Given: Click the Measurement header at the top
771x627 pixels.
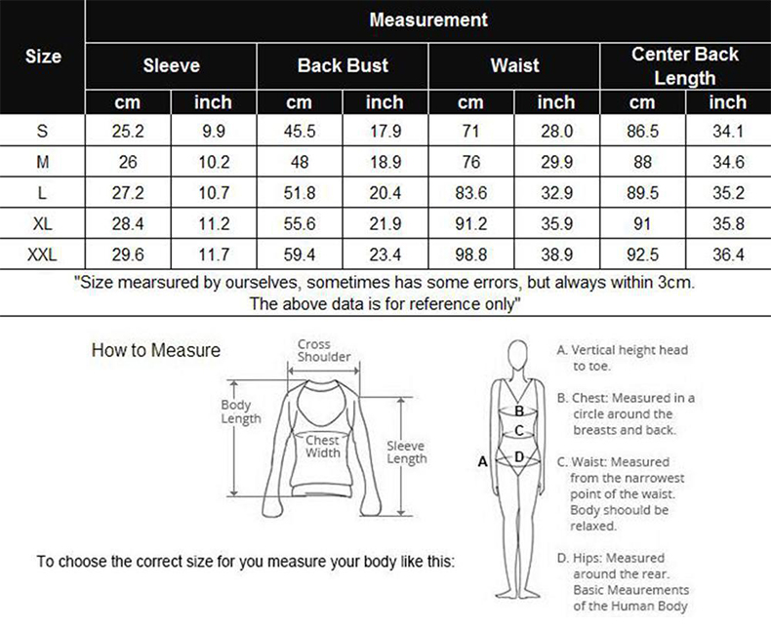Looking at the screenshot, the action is [428, 20].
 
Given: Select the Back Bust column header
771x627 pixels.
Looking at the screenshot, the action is [343, 65].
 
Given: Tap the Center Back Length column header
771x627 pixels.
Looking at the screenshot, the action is [685, 66].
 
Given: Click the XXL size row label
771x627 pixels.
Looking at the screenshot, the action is [42, 255].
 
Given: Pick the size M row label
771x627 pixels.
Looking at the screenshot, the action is [43, 162].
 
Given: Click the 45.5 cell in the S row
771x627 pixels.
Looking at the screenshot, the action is [300, 132].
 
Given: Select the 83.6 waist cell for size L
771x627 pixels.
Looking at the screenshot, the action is [470, 193].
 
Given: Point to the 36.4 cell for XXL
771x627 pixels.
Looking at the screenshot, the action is [728, 255].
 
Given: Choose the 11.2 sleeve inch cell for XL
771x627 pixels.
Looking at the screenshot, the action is [214, 223].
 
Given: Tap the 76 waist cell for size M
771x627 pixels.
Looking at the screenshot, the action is [470, 162].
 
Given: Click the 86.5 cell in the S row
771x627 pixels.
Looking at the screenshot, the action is [642, 132].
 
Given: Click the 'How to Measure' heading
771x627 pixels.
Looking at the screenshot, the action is [156, 350].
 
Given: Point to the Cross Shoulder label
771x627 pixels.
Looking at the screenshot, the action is [324, 350].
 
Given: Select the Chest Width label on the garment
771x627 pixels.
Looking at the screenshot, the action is [323, 447].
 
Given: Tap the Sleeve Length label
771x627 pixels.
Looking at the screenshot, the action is [407, 452].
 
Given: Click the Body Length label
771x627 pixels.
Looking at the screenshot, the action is [240, 411].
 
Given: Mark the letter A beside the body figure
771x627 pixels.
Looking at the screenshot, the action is [483, 462].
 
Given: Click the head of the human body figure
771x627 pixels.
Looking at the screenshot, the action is [518, 355].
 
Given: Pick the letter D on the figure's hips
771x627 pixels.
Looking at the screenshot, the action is [519, 457].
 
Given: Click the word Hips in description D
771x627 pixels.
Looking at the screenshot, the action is [587, 558].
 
